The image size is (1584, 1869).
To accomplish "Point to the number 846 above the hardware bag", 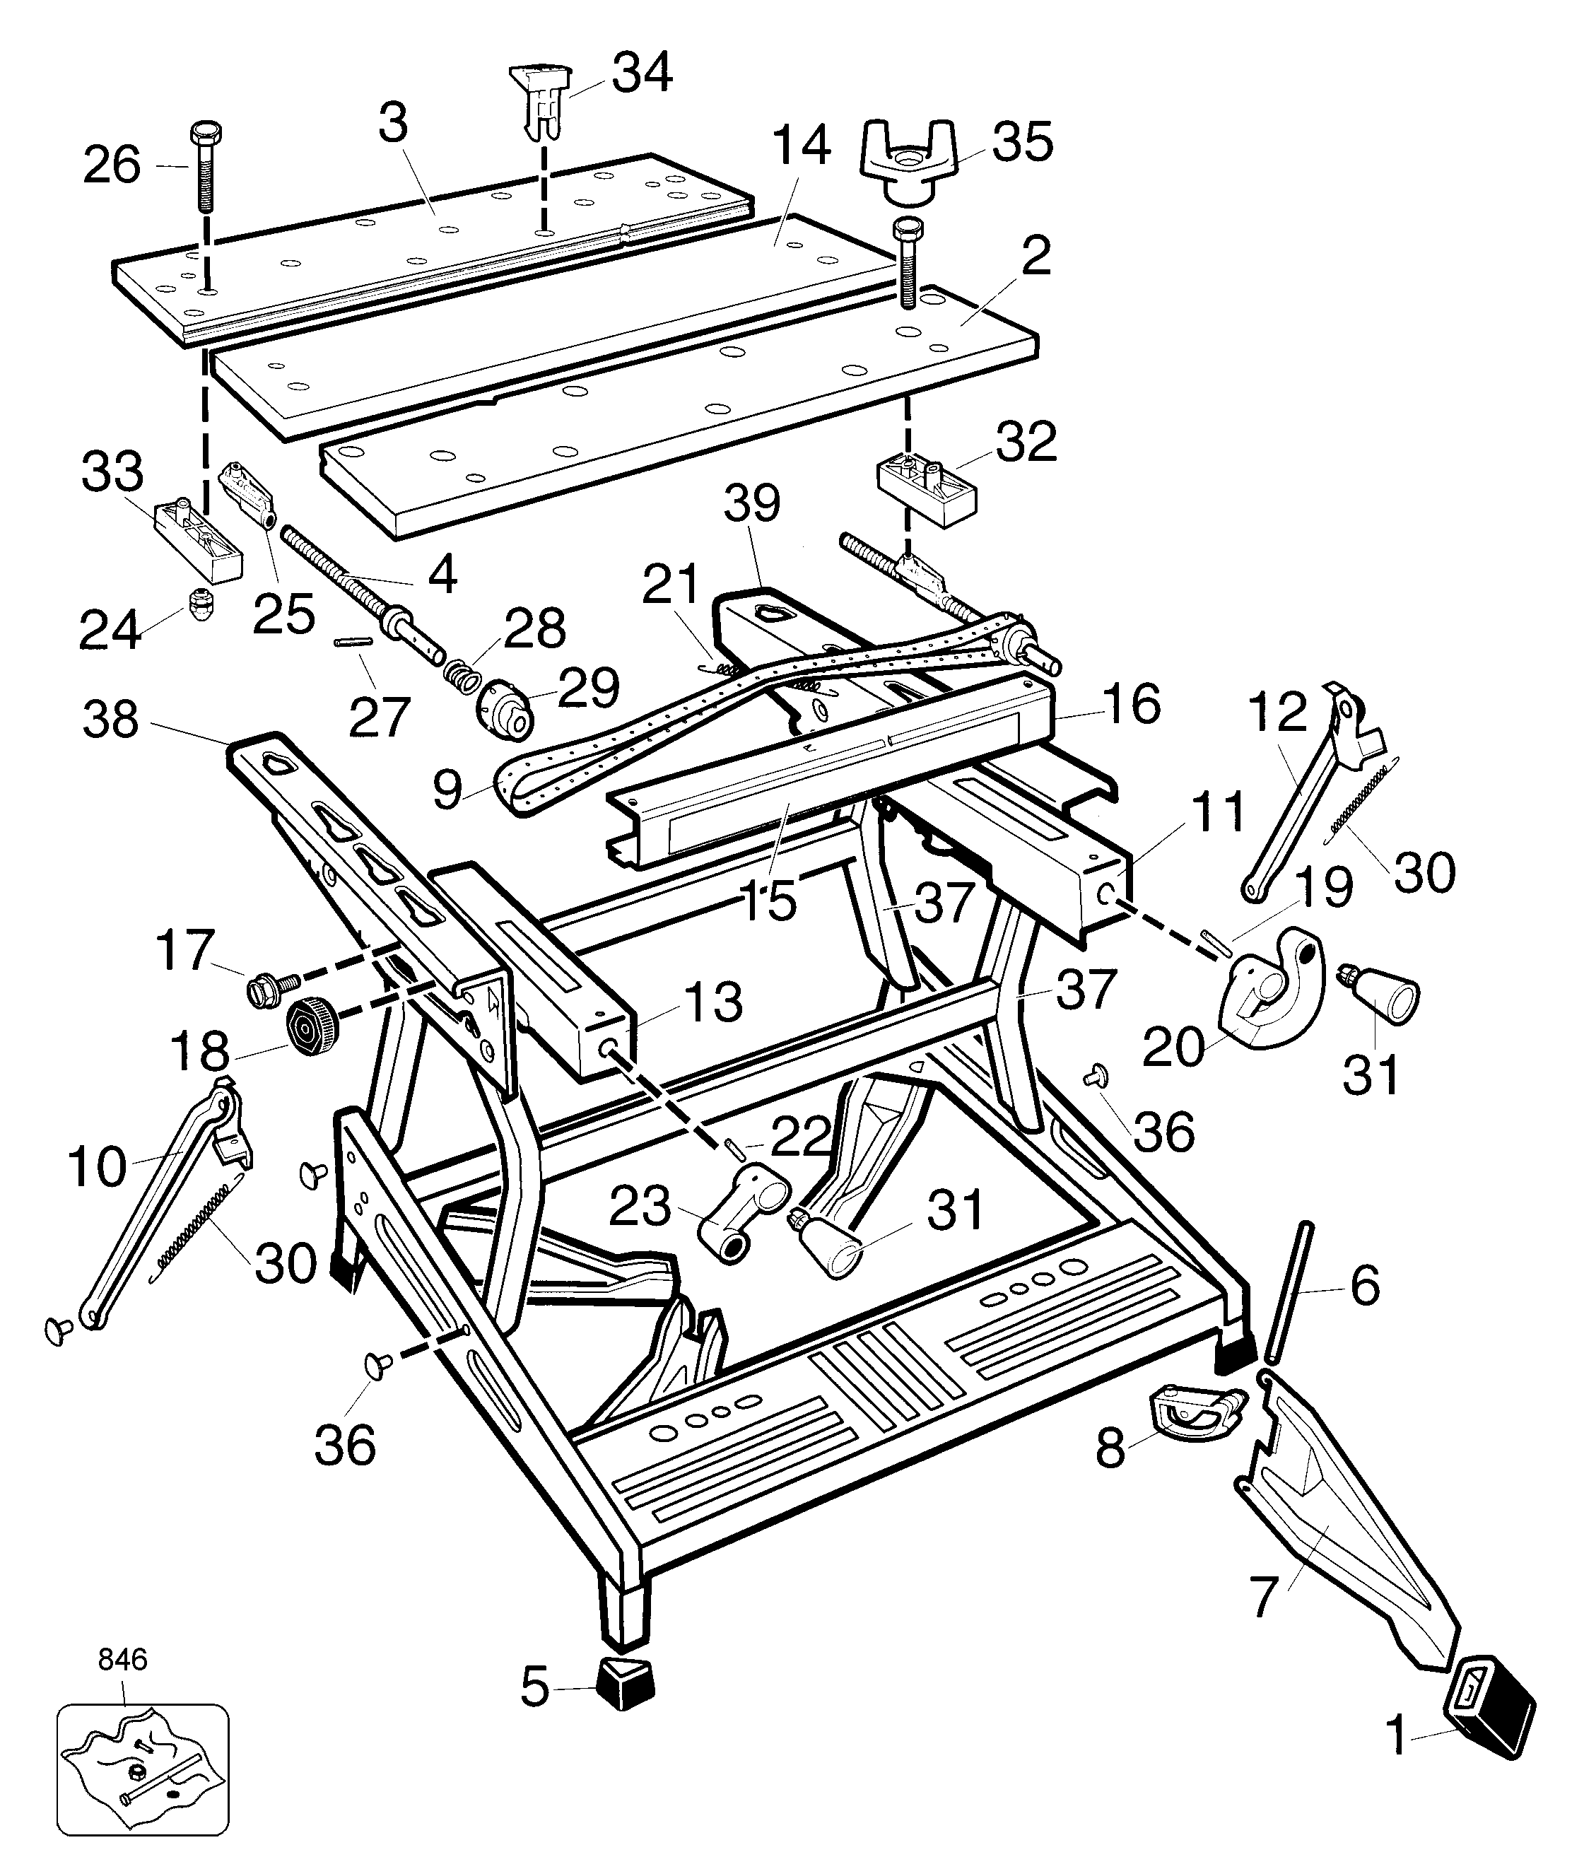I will pos(122,1659).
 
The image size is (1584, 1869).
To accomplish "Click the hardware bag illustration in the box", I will pos(143,1773).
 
